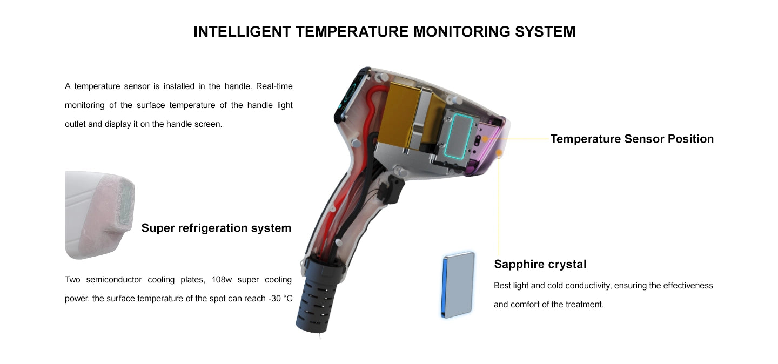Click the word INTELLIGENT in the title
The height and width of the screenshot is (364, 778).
[242, 32]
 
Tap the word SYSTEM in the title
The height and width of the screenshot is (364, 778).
[545, 32]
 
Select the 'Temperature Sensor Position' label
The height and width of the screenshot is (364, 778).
[632, 139]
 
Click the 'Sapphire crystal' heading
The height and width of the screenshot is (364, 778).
[540, 264]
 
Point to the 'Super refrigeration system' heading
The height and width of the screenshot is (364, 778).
[216, 228]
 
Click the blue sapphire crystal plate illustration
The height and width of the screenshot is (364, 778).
[458, 285]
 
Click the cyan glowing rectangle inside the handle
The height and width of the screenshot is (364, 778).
[459, 137]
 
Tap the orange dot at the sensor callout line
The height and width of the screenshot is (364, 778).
[485, 139]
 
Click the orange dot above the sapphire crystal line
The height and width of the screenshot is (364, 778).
[499, 152]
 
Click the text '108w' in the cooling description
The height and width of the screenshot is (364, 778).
[222, 280]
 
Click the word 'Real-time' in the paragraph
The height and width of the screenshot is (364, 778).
[274, 86]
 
